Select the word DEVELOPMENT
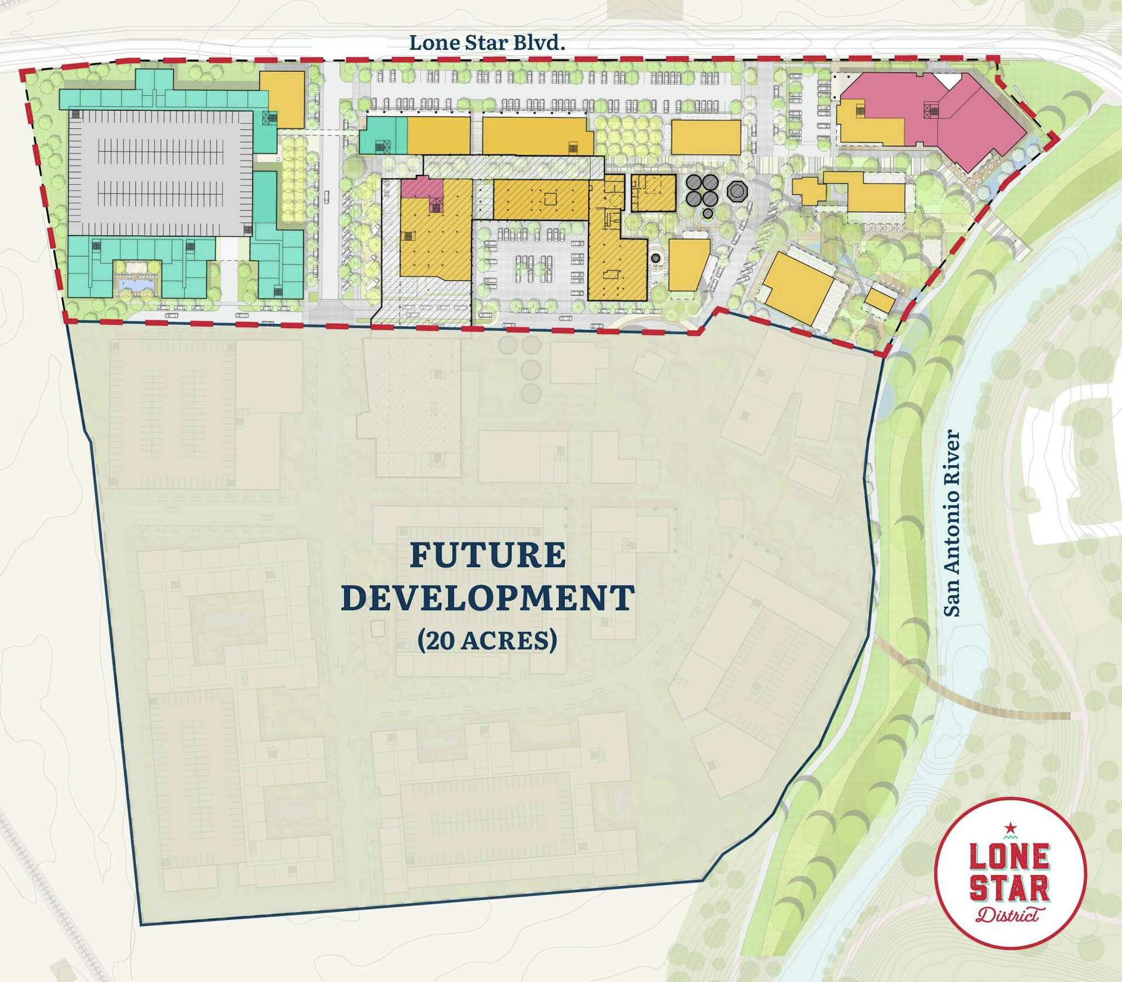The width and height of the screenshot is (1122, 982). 488,598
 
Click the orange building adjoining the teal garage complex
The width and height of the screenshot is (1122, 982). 282,99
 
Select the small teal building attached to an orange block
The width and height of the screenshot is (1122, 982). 383,134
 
